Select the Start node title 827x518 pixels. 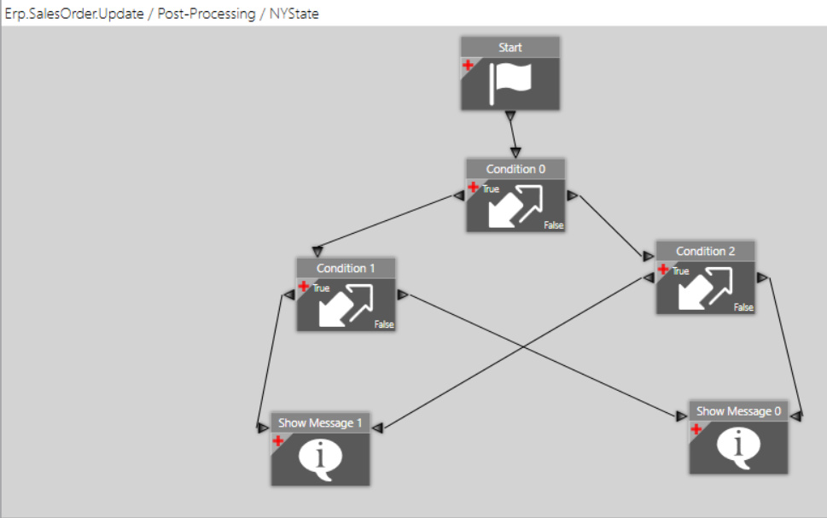[x=510, y=48]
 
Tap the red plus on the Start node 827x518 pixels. [x=468, y=65]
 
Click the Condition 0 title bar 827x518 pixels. [x=515, y=169]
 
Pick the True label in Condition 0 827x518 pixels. [x=491, y=189]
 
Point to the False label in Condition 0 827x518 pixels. [x=554, y=225]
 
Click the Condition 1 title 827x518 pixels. [x=346, y=268]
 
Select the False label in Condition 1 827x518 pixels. [x=384, y=324]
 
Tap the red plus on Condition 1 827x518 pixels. [x=304, y=287]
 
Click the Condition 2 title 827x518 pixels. [x=705, y=251]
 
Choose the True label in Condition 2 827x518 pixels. [x=680, y=271]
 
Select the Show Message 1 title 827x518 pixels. [x=320, y=422]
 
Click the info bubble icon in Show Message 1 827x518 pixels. [x=320, y=459]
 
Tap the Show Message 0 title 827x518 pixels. [x=738, y=411]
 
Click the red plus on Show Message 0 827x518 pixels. [x=696, y=429]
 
